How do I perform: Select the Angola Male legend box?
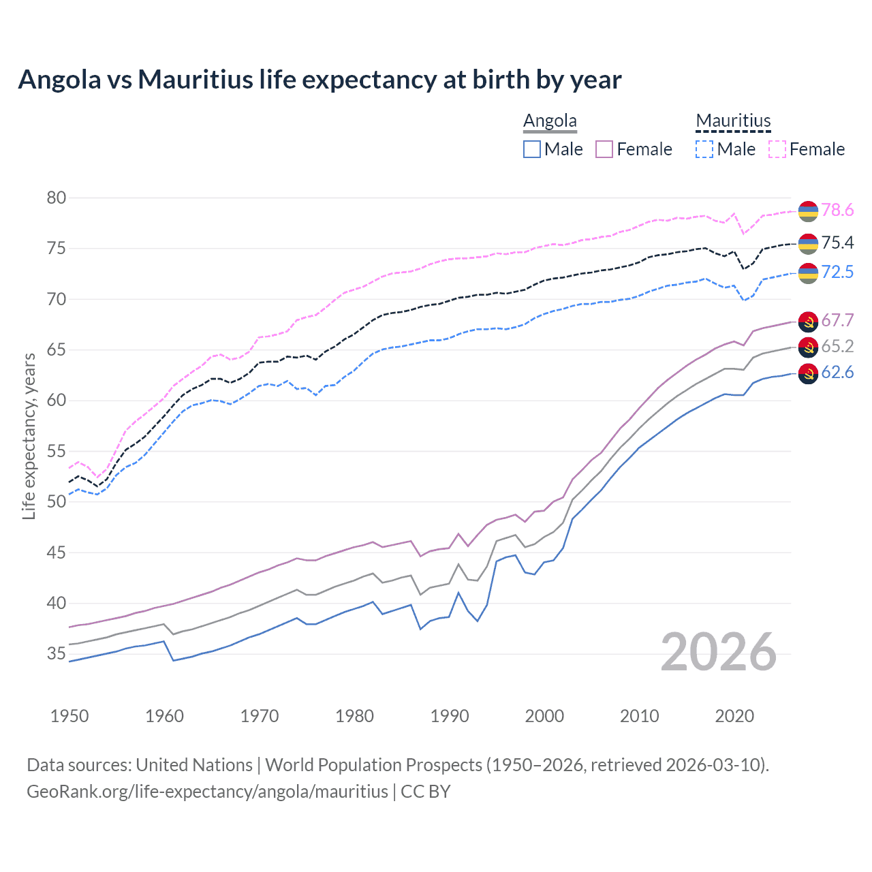pyautogui.click(x=532, y=149)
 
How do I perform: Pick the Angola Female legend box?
pyautogui.click(x=605, y=149)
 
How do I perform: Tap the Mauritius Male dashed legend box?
pyautogui.click(x=704, y=149)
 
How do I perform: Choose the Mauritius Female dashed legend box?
pyautogui.click(x=777, y=149)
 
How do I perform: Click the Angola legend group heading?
pyautogui.click(x=550, y=121)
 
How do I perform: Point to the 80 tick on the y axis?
pyautogui.click(x=57, y=198)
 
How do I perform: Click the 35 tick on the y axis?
pyautogui.click(x=57, y=654)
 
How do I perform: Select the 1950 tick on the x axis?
pyautogui.click(x=69, y=716)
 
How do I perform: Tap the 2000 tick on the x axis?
pyautogui.click(x=544, y=716)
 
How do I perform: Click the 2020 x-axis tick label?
pyautogui.click(x=734, y=716)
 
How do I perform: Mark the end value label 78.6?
pyautogui.click(x=837, y=211)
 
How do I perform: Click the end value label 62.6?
pyautogui.click(x=837, y=373)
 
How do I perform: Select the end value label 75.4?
pyautogui.click(x=837, y=243)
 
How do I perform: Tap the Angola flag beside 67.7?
pyautogui.click(x=808, y=321)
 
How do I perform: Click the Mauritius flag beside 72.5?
pyautogui.click(x=808, y=272)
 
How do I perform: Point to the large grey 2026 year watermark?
pyautogui.click(x=719, y=652)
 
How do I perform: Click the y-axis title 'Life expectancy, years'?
pyautogui.click(x=29, y=436)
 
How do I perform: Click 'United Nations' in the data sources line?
pyautogui.click(x=194, y=765)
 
